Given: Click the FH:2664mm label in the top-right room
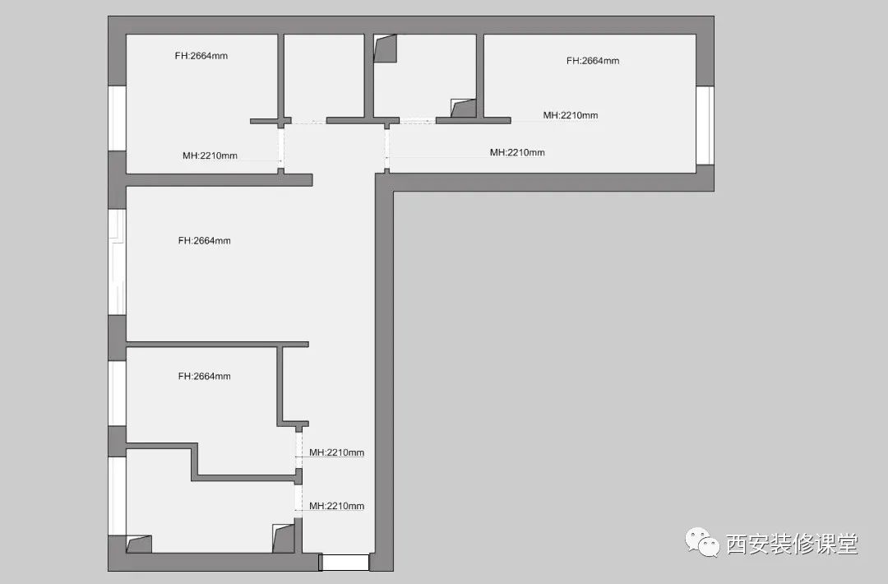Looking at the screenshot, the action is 592,61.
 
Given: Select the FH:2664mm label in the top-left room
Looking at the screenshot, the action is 201,55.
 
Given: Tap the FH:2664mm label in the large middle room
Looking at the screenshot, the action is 204,240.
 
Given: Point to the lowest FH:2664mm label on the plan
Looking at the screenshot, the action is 204,376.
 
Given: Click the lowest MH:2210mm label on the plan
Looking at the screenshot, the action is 336,506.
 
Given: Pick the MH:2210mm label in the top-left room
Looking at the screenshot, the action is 210,155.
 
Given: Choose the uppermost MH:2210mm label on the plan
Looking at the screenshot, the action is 571,115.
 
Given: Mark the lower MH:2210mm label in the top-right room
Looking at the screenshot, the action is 517,152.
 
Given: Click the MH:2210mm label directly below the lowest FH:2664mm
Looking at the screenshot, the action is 336,452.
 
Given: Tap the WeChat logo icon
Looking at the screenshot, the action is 703,542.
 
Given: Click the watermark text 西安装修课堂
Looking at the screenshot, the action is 793,545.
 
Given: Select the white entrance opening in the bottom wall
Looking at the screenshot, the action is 345,563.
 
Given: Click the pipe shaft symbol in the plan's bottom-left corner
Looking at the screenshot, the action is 139,544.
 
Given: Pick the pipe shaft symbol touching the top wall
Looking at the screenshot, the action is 385,49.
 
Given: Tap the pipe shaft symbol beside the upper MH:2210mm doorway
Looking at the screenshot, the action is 463,109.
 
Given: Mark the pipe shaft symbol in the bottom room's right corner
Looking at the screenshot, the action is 284,538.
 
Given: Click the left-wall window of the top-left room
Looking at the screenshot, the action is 118,118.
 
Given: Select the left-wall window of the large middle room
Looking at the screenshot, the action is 118,262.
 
